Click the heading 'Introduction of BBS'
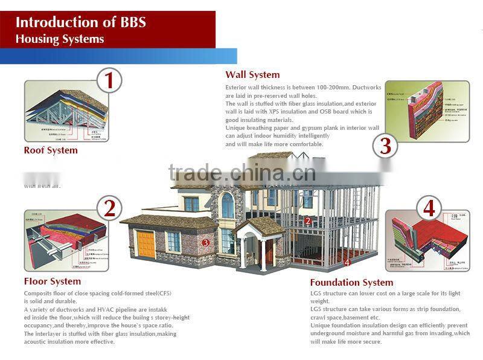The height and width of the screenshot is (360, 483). click(x=80, y=23)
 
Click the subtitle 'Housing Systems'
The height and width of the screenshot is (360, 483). click(x=60, y=39)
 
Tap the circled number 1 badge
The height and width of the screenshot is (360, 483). click(x=109, y=80)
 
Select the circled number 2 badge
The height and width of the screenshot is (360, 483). click(x=109, y=208)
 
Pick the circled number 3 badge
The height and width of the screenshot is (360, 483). click(x=385, y=146)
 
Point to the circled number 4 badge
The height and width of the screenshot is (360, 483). click(x=429, y=208)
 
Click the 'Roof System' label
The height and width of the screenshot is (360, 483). click(x=51, y=150)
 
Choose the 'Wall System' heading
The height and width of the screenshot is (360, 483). click(x=252, y=75)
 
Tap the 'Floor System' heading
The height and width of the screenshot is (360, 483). click(x=52, y=281)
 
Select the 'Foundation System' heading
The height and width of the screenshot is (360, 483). click(x=351, y=283)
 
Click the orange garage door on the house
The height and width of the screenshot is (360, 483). click(x=147, y=243)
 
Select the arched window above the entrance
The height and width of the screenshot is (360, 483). click(x=228, y=205)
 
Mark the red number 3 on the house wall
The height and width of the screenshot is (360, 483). click(x=206, y=243)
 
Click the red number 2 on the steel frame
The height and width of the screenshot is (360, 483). click(x=307, y=221)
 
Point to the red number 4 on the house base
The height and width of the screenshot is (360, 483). click(x=347, y=263)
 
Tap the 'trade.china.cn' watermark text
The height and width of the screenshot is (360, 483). click(x=241, y=173)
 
